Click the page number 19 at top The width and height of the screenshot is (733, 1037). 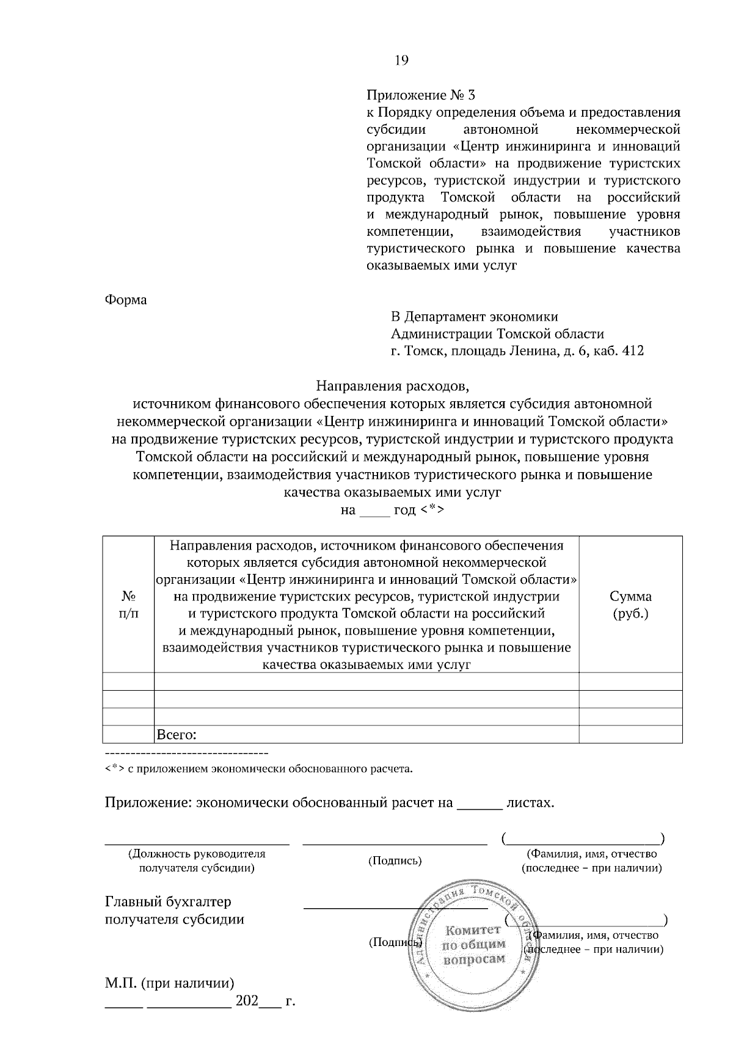[401, 60]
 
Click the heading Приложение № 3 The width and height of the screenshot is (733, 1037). [420, 95]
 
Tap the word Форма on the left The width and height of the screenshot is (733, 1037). [126, 300]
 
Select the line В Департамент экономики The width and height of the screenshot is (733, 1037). [474, 316]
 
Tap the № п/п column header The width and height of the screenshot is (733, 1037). [128, 605]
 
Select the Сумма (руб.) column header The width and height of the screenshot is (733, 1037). [630, 605]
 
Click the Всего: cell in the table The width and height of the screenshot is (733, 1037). [177, 735]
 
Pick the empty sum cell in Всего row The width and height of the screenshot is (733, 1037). [630, 735]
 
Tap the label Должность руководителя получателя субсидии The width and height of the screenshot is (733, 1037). [197, 861]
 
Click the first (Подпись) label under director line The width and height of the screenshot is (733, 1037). [395, 861]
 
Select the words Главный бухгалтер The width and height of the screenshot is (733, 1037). [169, 902]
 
